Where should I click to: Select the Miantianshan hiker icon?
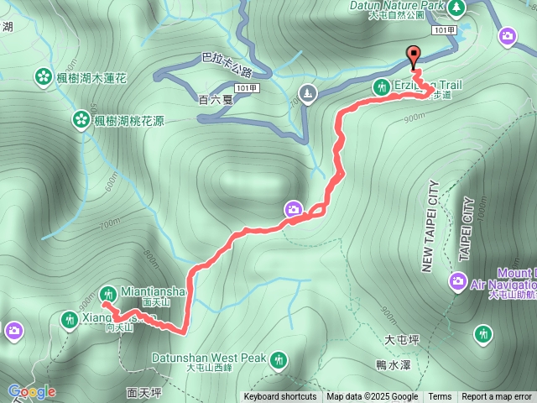107,293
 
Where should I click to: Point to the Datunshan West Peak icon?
278,360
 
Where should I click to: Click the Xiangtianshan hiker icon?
69,319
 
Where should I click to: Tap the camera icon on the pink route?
294,209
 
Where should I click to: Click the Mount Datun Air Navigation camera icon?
458,280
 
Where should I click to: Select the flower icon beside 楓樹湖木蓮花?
43,77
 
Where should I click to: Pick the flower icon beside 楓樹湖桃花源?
81,119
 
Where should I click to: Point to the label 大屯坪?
401,340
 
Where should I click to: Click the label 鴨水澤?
394,364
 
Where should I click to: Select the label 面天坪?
144,392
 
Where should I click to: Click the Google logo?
32,391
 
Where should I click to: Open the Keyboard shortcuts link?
279,397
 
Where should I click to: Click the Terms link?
440,397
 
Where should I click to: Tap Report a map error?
497,397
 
